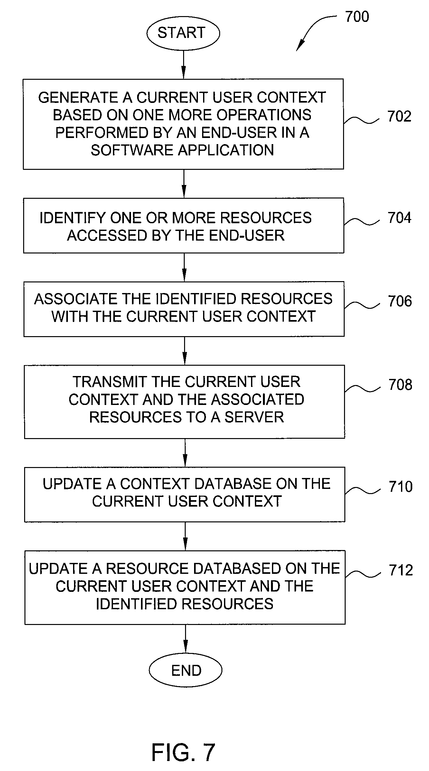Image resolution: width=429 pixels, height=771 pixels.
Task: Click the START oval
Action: coord(183,33)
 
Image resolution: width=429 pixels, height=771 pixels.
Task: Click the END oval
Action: coord(186,671)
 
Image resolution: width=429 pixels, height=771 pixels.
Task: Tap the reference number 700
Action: coord(357,16)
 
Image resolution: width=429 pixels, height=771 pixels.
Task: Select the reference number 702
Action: coord(399,116)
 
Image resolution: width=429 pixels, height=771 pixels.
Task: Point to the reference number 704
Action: coord(400,218)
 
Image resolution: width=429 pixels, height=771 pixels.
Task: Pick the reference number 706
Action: coord(400,301)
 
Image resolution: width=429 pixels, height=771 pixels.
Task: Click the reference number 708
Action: coord(400,385)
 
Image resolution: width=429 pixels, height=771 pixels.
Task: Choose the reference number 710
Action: coord(401,486)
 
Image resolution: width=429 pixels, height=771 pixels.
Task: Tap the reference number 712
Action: coord(401,570)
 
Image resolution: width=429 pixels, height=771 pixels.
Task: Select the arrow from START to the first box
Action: coord(183,64)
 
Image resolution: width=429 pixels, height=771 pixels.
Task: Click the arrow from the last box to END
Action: coord(186,639)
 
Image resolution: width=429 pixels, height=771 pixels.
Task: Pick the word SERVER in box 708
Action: coord(254,417)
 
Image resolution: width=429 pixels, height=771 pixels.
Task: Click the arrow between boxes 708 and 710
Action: coord(185,453)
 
